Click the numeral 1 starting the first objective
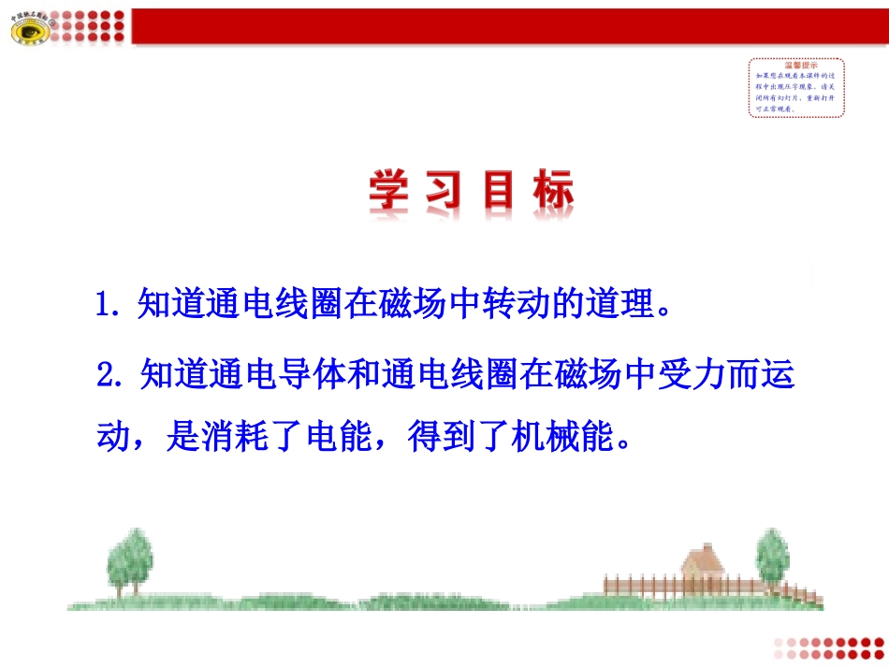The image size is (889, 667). coord(105,304)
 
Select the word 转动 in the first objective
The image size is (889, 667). coord(515,304)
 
